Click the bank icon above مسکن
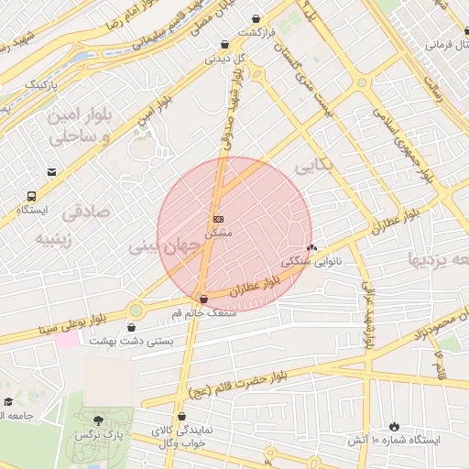(218, 220)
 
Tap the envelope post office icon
(50, 170)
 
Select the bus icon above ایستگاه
(32, 196)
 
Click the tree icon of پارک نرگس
(98, 420)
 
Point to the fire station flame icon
(394, 426)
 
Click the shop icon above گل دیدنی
(224, 44)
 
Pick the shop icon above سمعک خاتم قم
(203, 299)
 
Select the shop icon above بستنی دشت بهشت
(133, 326)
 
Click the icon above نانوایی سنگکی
(311, 247)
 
